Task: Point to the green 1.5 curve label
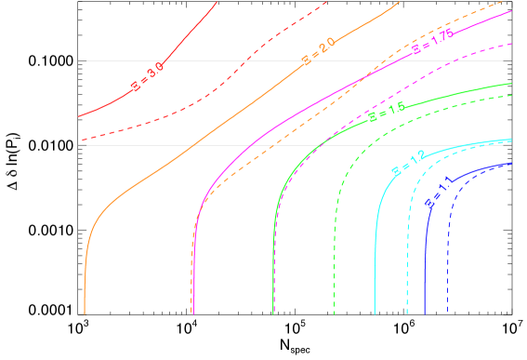click(387, 113)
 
